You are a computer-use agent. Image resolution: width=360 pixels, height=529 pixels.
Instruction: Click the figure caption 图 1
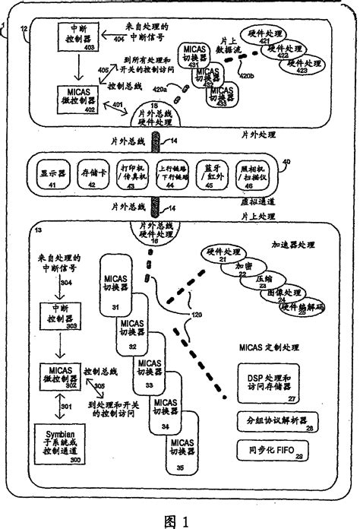tap(181, 511)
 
